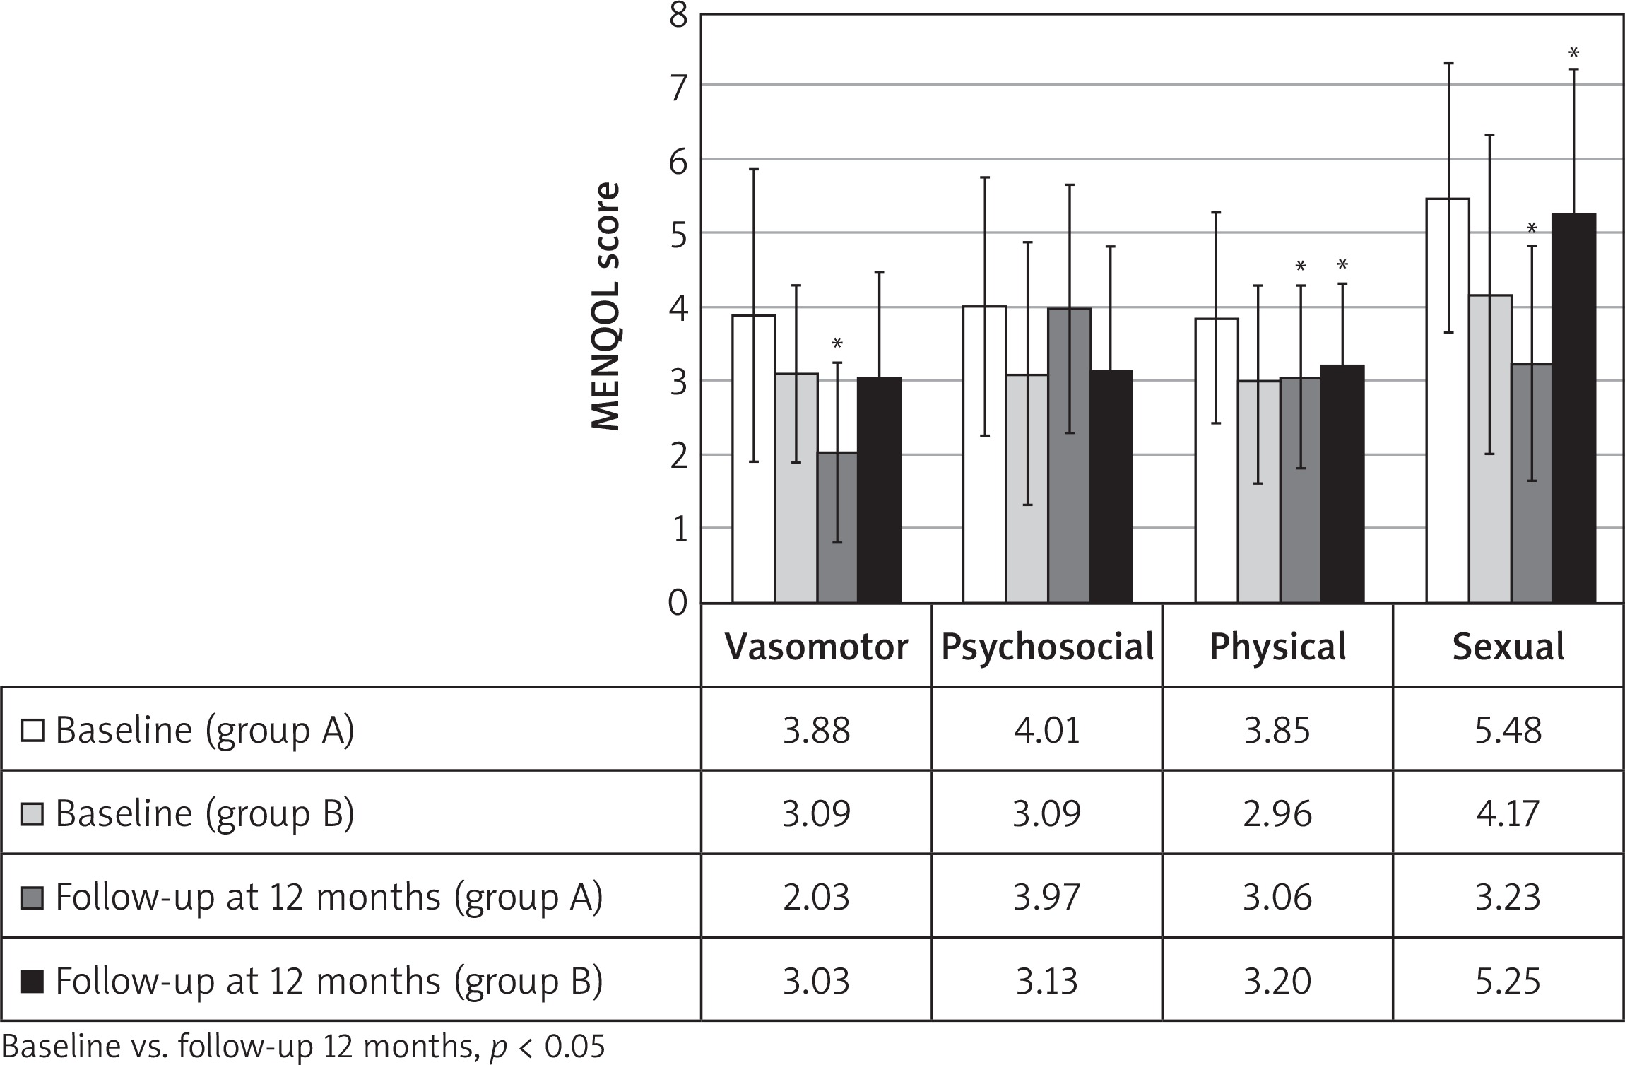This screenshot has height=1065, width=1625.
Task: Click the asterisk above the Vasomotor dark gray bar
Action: click(x=837, y=344)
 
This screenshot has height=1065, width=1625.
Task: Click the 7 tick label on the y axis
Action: click(x=678, y=88)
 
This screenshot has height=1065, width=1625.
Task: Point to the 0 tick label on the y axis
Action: click(x=678, y=604)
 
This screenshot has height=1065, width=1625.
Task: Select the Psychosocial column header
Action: click(x=1047, y=647)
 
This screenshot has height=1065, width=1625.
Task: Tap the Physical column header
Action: click(x=1277, y=647)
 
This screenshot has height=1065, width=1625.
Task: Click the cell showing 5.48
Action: click(x=1508, y=730)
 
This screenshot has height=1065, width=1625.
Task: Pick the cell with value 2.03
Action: click(x=816, y=897)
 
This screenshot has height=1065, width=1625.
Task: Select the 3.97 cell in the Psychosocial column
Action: click(x=1047, y=897)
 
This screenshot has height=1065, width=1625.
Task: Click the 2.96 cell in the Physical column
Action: click(x=1277, y=813)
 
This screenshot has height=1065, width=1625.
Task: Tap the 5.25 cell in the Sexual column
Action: click(x=1508, y=981)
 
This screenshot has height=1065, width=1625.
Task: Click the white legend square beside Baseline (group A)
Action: click(x=32, y=731)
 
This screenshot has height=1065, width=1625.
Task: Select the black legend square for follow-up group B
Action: click(x=32, y=982)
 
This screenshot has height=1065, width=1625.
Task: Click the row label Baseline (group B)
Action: click(x=204, y=814)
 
